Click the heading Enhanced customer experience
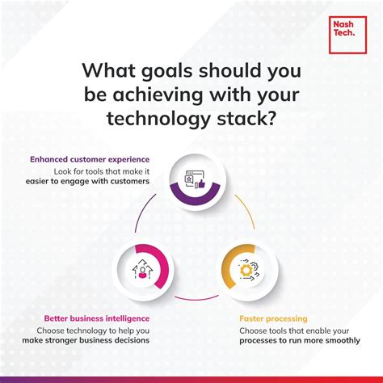[x=89, y=159]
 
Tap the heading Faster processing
[x=272, y=318]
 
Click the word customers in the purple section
[x=126, y=183]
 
